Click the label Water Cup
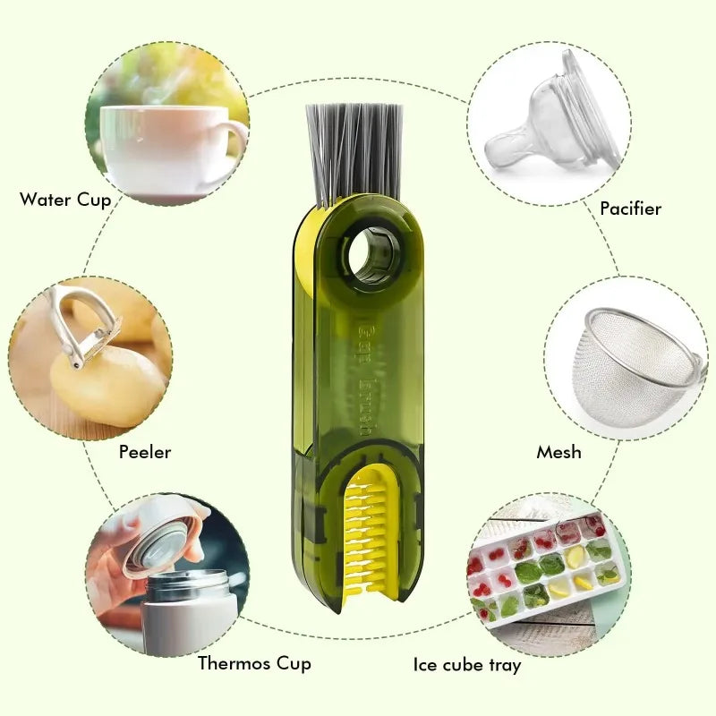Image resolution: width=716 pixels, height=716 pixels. tap(65, 200)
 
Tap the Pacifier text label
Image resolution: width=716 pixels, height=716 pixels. tap(630, 209)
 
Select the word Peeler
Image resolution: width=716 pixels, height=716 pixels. tap(144, 452)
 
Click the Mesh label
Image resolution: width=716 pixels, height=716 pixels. tap(558, 452)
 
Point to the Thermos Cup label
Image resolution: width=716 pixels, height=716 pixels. tap(254, 663)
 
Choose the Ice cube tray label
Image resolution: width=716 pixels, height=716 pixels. tap(467, 665)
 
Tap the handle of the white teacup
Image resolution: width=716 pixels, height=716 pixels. tap(234, 143)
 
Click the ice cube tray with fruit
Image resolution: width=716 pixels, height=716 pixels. tap(546, 568)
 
